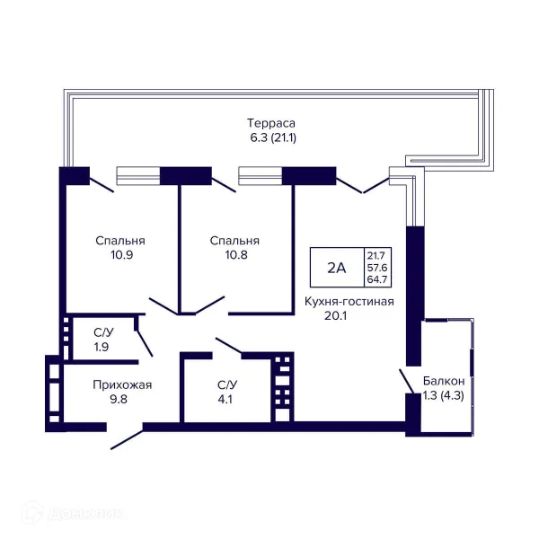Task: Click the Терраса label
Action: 271,123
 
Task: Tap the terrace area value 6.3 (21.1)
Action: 273,137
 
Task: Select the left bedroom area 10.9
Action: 121,255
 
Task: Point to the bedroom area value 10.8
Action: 236,255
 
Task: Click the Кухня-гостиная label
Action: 349,302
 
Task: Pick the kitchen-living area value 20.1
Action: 335,315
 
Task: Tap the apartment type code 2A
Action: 336,268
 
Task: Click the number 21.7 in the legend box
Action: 376,255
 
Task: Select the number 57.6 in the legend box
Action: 377,268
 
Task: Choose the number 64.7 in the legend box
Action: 377,279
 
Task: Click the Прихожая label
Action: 122,385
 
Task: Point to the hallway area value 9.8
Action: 119,400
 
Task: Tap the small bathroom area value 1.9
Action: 102,347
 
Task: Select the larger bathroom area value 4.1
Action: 225,400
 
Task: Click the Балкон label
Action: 444,381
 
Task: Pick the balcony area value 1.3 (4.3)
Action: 444,395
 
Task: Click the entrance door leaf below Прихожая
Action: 127,439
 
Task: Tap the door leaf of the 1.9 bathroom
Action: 145,343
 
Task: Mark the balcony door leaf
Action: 407,381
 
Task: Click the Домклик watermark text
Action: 85,514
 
